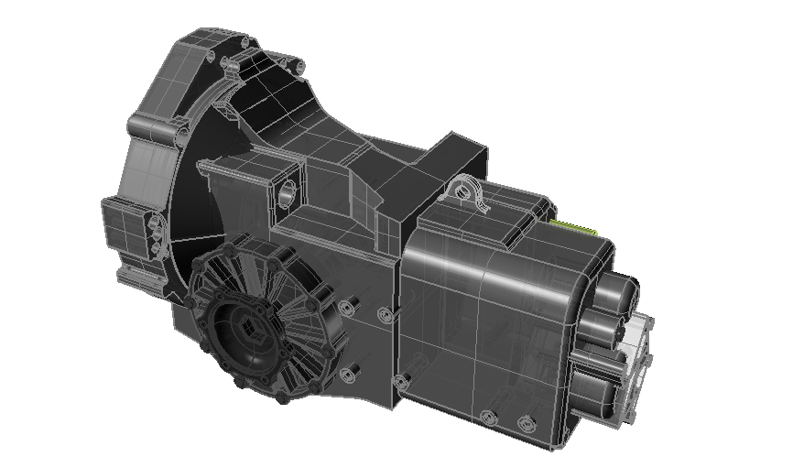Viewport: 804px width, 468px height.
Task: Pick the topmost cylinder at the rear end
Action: point(621,292)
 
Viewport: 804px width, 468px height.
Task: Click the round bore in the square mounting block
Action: point(287,193)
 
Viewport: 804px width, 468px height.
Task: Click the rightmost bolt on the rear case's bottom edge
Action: point(526,422)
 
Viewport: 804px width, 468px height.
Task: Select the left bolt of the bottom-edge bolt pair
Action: point(487,418)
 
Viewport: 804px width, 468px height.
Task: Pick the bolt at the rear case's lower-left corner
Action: point(398,379)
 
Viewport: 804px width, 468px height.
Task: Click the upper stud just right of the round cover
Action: point(346,308)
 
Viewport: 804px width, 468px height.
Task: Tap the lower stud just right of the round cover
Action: point(349,375)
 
